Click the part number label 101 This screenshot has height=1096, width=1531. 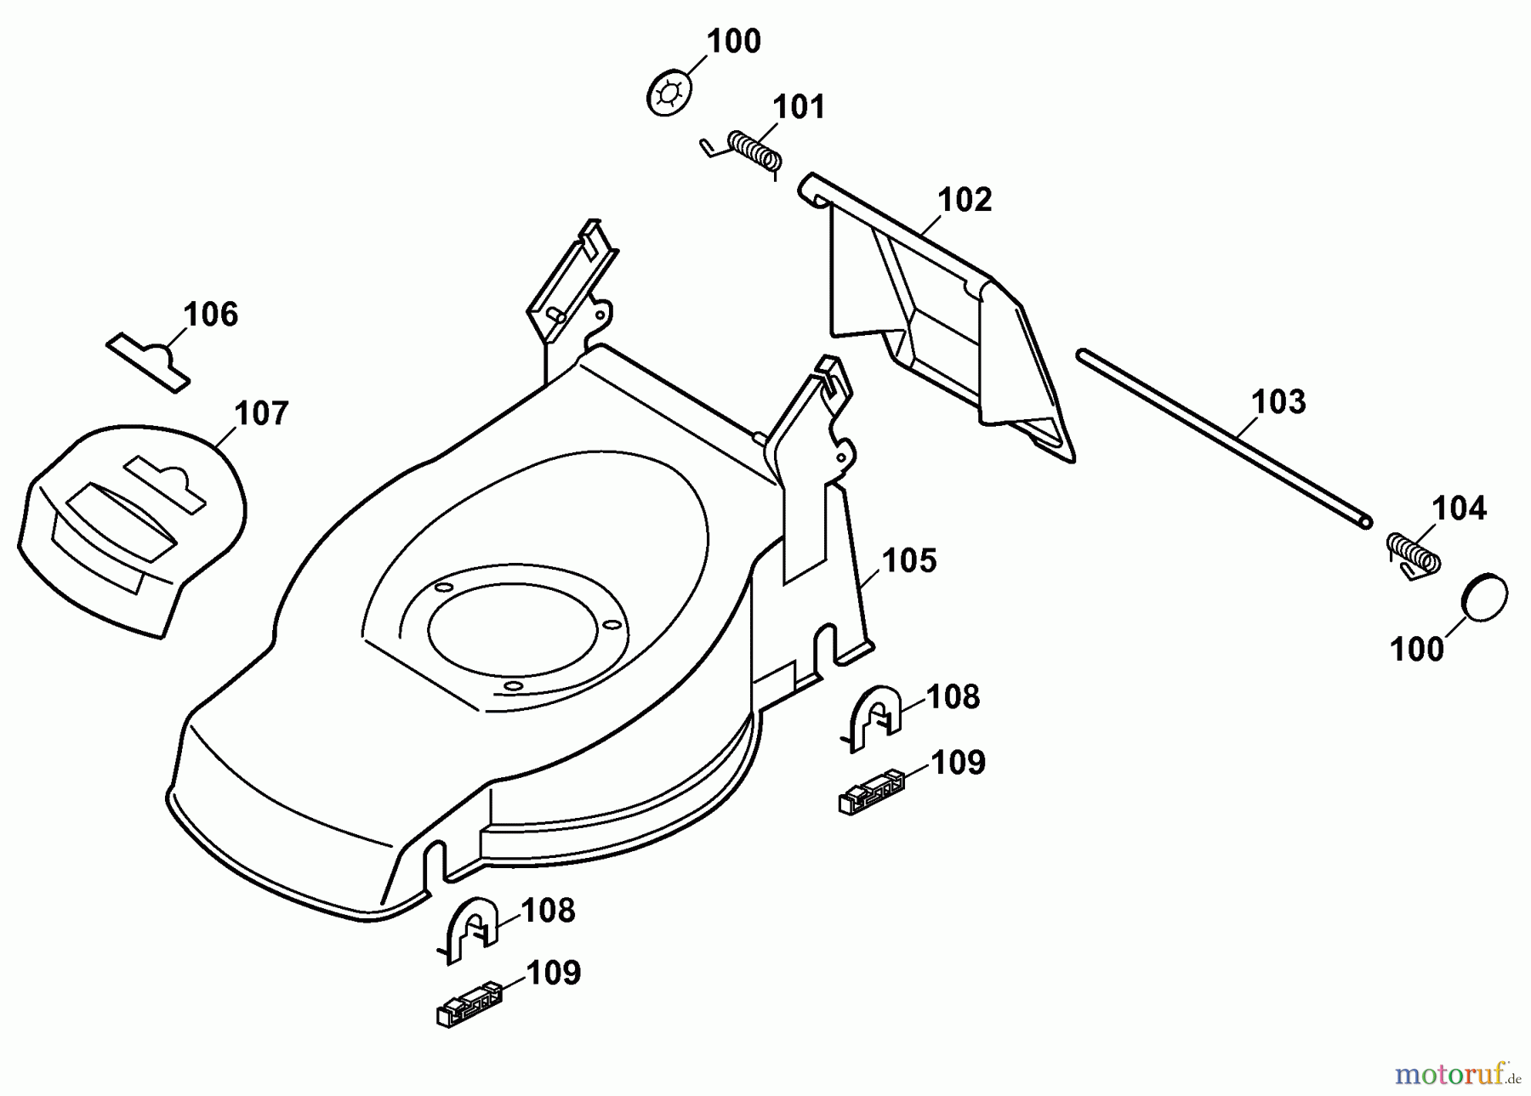[799, 108]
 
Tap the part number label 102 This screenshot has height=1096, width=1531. [965, 200]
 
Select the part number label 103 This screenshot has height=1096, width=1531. [1279, 401]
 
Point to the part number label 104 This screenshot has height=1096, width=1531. [1459, 508]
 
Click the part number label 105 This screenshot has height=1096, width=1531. [908, 561]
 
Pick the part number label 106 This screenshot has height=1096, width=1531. [211, 315]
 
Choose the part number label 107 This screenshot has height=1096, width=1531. [261, 414]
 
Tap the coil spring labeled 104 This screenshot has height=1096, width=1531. [1413, 554]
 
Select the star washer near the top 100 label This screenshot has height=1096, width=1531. [669, 94]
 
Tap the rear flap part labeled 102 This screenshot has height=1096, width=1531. [944, 332]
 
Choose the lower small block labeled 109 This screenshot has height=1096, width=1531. [467, 1004]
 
